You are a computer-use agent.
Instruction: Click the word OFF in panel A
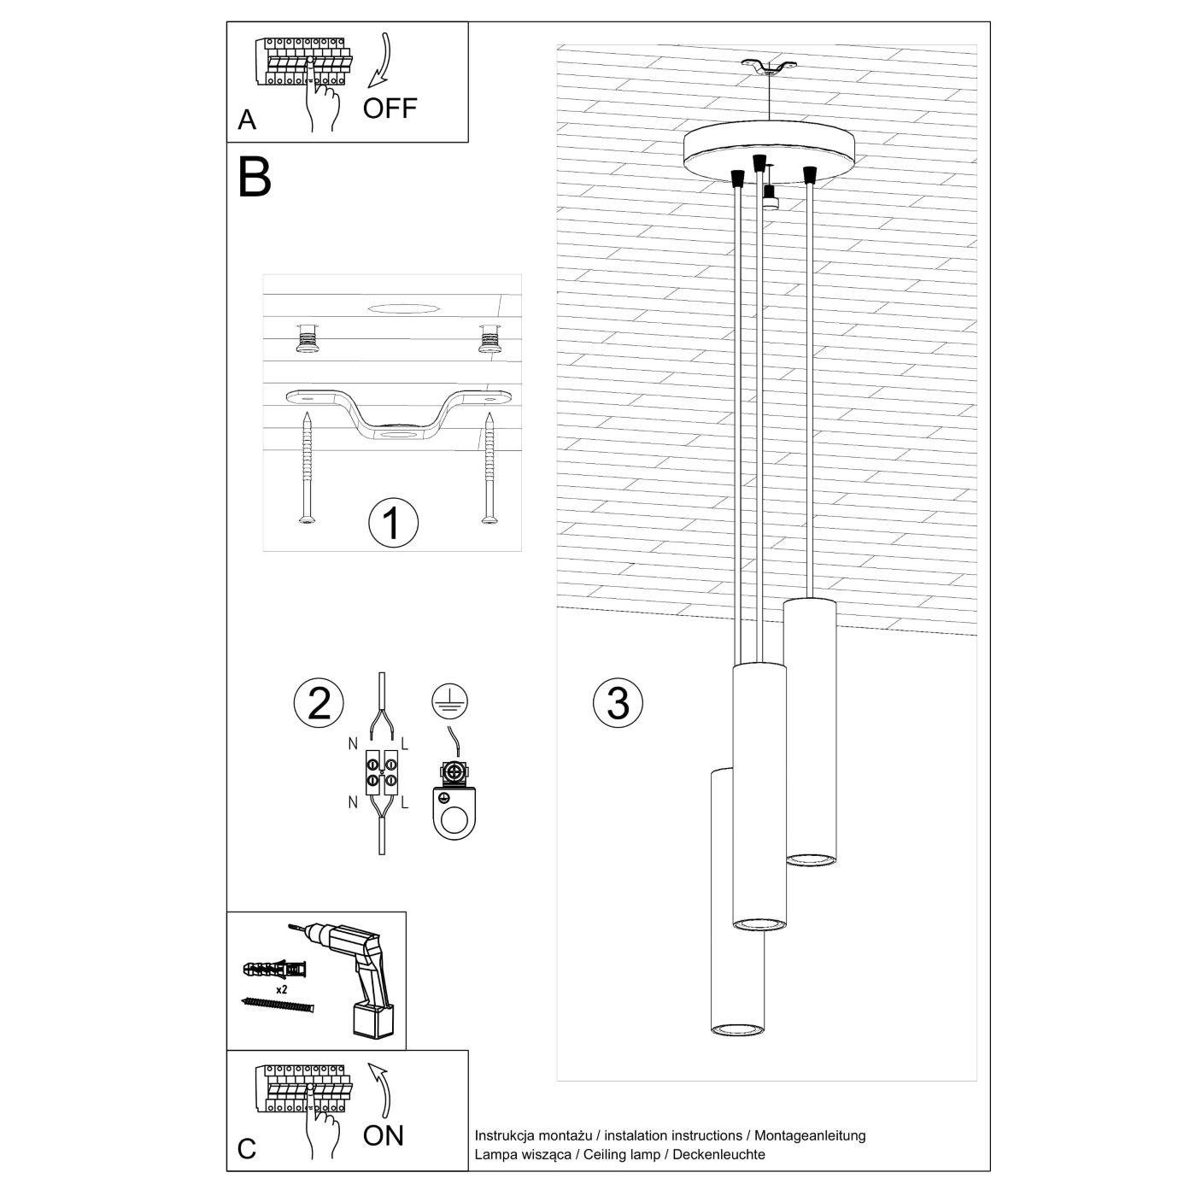tap(390, 108)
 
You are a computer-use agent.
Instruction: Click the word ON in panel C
tap(383, 1135)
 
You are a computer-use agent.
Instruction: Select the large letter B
tap(255, 177)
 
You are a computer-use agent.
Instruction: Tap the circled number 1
tap(393, 523)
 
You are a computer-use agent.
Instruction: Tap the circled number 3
tap(618, 702)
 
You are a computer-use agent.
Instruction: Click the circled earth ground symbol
tap(449, 701)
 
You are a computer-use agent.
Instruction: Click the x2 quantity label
tap(281, 989)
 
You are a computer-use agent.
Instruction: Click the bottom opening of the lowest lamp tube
tap(737, 1028)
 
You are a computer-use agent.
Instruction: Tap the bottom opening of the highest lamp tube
tap(810, 858)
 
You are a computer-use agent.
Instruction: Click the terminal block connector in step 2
tap(381, 771)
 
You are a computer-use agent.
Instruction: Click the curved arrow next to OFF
tap(379, 61)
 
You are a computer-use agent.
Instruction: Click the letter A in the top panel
tap(247, 120)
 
